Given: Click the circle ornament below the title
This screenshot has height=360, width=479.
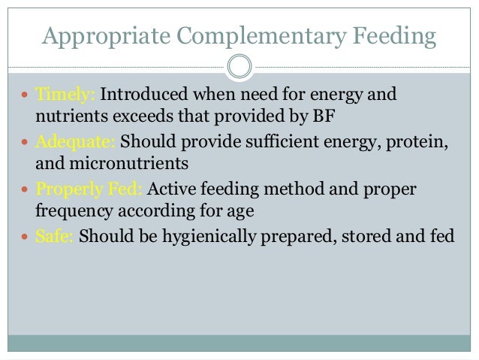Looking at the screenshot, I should coord(239,67).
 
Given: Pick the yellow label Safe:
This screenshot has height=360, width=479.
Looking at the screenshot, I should coord(54,234).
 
